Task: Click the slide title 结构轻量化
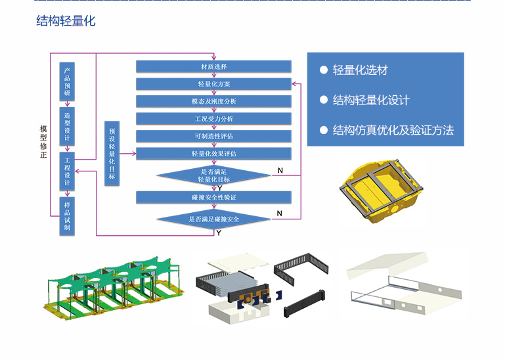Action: [66, 21]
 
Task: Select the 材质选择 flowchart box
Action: [213, 66]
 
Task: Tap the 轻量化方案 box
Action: [213, 84]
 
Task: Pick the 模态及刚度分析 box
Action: [213, 101]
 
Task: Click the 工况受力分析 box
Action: [213, 119]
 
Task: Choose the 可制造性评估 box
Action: [213, 136]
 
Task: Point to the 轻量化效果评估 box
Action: [213, 154]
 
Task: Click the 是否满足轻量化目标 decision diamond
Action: [214, 175]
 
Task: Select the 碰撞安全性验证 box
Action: [213, 197]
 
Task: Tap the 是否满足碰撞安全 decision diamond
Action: [214, 218]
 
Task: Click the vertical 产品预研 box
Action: [67, 82]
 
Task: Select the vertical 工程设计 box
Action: [67, 170]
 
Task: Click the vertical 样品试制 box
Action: [67, 216]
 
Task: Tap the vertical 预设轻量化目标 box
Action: [112, 154]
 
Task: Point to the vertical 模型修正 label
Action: [43, 142]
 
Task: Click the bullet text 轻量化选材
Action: [361, 70]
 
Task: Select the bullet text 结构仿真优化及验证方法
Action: [393, 129]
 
